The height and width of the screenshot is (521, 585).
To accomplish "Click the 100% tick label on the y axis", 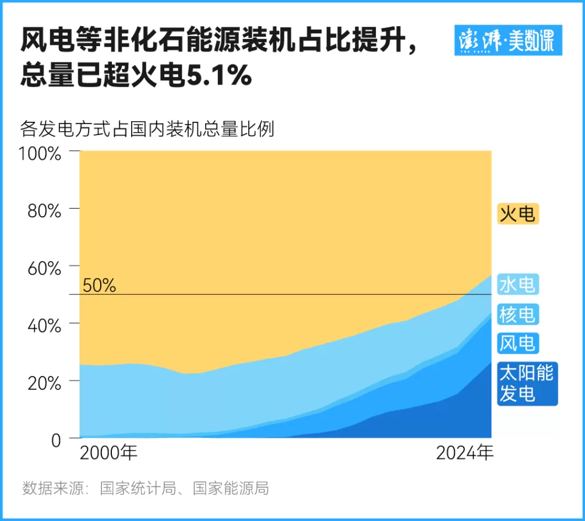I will coord(40,154).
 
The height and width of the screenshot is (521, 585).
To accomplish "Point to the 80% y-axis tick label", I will coord(44,211).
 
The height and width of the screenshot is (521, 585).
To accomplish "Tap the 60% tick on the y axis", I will coord(44,268).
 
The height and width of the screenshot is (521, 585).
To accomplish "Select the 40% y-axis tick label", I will coord(44,325).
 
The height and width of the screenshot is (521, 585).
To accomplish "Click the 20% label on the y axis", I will coord(44,383).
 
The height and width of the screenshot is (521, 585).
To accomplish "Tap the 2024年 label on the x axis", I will coord(465,453).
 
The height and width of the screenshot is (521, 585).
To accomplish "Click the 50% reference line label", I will coord(99,286).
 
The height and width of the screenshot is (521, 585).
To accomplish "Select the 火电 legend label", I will coord(517,214).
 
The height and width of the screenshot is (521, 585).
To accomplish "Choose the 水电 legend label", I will coord(517,285).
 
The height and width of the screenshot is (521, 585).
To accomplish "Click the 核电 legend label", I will coord(517,314).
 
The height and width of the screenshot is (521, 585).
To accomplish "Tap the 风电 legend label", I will coord(517,343).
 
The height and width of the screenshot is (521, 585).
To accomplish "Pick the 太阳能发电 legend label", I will coord(527,383).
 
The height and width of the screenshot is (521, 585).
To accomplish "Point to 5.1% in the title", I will coord(218,76).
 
